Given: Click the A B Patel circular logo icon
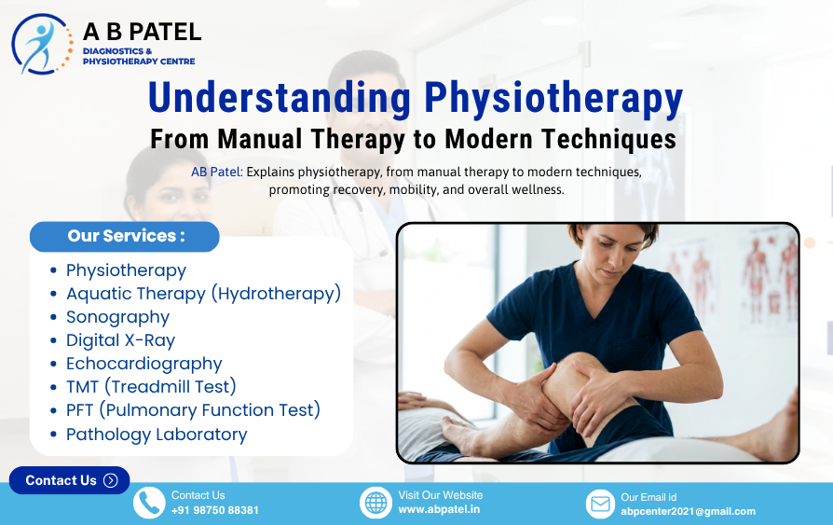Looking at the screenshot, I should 42,44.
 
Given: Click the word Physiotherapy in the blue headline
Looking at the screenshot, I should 553,99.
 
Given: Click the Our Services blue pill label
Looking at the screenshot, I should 125,236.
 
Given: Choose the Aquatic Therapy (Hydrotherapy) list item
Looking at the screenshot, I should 203,294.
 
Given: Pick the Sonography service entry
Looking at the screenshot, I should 117,317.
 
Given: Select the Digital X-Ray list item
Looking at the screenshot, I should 120,340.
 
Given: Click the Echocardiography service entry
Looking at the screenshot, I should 143,364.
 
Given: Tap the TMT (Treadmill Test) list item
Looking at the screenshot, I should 151,387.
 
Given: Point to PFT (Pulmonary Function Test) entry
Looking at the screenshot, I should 193,410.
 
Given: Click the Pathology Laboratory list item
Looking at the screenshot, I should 157,435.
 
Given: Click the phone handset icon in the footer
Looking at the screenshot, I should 149,504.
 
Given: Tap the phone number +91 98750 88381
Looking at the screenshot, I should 215,511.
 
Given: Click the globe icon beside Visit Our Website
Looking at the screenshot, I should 376,504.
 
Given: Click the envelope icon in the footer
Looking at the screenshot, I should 601,504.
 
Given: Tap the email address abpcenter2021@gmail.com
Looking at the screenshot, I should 689,511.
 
